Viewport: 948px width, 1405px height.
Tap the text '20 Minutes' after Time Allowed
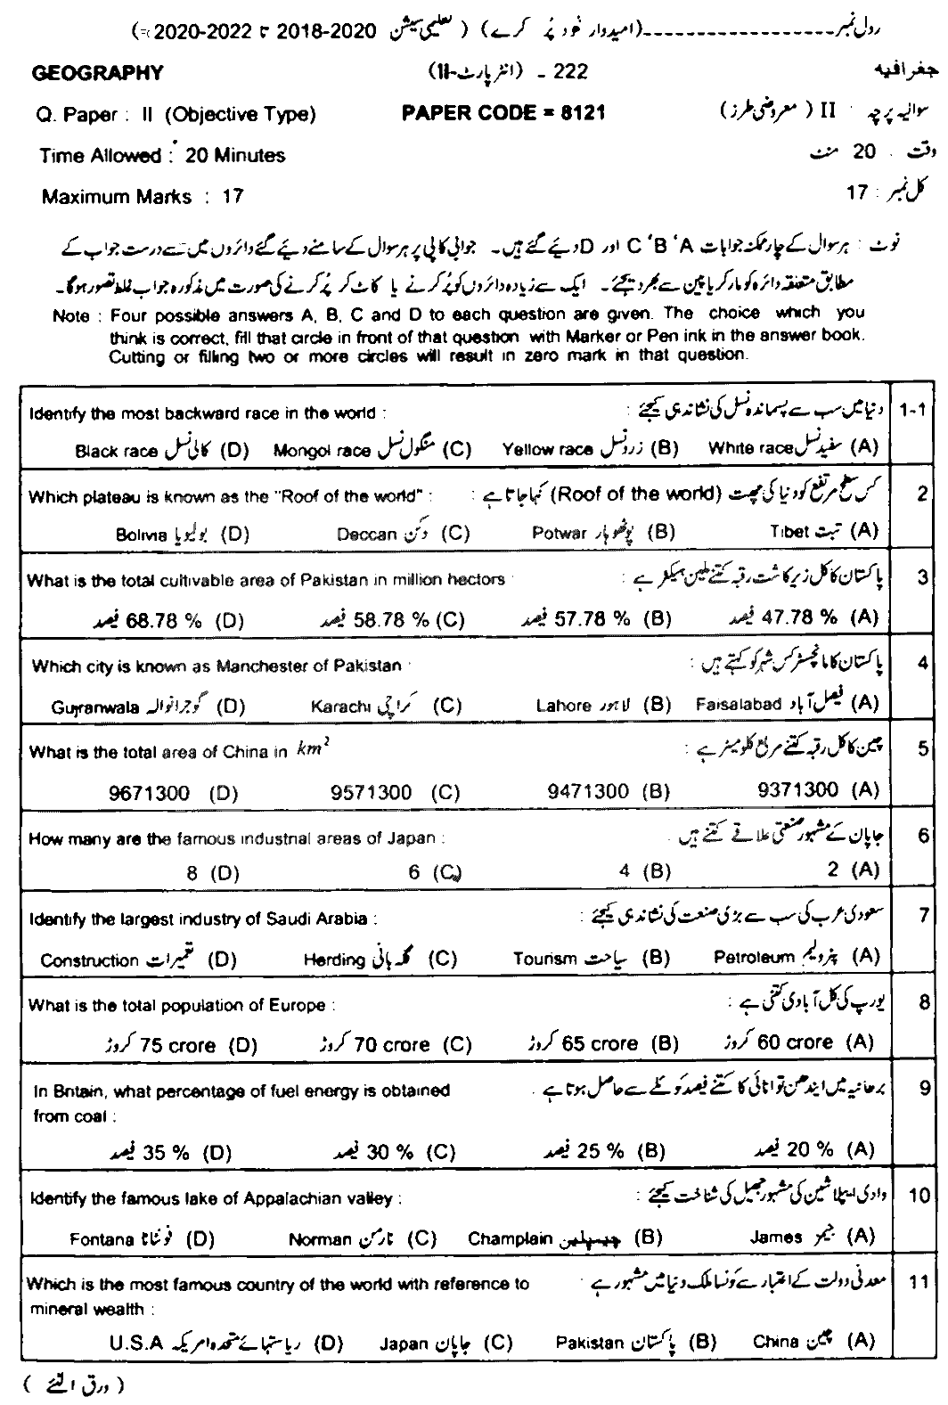(x=235, y=155)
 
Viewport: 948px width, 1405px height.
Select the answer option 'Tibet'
(x=789, y=532)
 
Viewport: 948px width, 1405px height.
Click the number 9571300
(x=370, y=792)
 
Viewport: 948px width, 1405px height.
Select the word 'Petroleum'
(x=753, y=957)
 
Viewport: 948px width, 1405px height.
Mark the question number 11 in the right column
(x=919, y=1283)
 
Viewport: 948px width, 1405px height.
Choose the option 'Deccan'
(x=366, y=534)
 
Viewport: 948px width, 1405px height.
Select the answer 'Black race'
(x=116, y=451)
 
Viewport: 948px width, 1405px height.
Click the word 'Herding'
(x=334, y=960)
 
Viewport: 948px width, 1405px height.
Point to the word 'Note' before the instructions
(x=71, y=316)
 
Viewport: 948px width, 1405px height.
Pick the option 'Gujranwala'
(x=95, y=707)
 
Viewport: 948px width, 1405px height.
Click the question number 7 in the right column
(x=924, y=915)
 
